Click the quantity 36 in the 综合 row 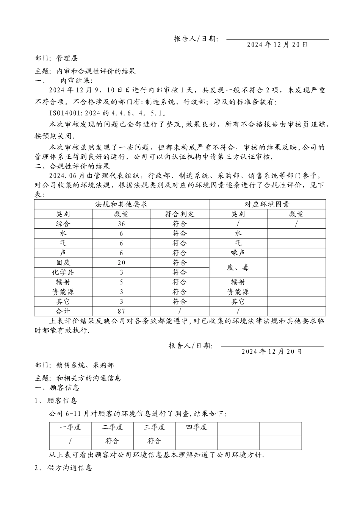(x=121, y=224)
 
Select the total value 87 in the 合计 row (x=121, y=311)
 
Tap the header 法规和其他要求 (x=121, y=204)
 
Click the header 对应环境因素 (x=267, y=204)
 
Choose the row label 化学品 (x=63, y=272)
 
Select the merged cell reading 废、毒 (x=238, y=268)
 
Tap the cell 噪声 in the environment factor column (x=238, y=253)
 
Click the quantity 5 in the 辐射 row (x=121, y=282)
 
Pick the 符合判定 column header (x=180, y=214)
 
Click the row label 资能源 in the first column (x=63, y=292)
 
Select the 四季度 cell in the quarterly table (x=196, y=428)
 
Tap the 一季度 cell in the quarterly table (x=70, y=428)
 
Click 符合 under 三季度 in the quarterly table (x=154, y=441)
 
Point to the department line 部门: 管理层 (x=56, y=58)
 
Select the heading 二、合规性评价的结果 (x=72, y=166)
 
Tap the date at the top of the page (x=277, y=45)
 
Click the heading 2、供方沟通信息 (x=63, y=468)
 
